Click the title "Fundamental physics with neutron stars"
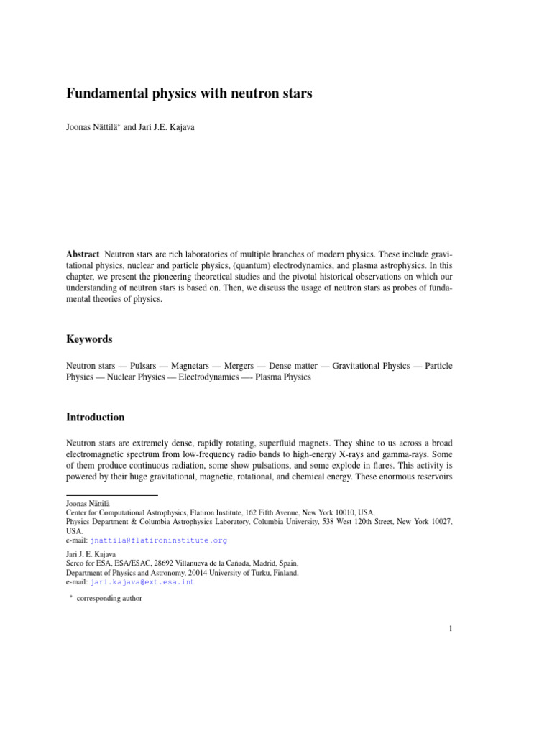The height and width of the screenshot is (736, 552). tap(189, 93)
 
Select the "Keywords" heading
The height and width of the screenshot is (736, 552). tap(89, 339)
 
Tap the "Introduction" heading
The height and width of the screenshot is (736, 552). tap(96, 417)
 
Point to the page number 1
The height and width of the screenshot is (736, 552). tap(450, 630)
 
